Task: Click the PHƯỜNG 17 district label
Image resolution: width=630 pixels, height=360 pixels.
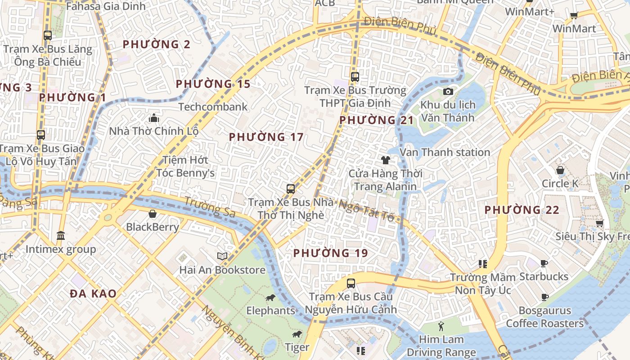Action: coord(266,137)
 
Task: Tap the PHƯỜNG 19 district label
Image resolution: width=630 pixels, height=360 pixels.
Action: coord(331,253)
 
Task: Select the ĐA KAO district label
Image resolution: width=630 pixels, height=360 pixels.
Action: coord(93,294)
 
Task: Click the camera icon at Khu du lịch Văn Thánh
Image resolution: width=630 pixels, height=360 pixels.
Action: coord(448,92)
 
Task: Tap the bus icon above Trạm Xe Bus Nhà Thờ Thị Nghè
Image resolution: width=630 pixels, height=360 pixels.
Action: coord(291,189)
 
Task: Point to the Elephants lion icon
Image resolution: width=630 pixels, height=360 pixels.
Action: coord(270,298)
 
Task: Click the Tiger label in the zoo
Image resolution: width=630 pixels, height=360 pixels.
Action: coord(297,347)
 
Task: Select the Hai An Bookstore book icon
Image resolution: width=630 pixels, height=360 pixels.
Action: coord(222,256)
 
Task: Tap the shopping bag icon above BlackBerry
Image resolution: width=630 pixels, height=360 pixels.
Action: coord(153,214)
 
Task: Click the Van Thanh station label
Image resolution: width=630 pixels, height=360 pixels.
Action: coord(445,152)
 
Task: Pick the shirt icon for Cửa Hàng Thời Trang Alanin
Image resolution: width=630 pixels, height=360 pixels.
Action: coord(385,160)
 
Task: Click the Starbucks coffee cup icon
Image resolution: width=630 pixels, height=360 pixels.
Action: coord(544,263)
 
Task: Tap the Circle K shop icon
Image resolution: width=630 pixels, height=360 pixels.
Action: coord(560,170)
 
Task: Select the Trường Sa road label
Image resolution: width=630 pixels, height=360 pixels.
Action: coord(210,208)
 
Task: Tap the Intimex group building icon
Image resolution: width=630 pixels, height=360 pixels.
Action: coord(61,235)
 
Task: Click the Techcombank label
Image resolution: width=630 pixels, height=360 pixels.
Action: coord(213,107)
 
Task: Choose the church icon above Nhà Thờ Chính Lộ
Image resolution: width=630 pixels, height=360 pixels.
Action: coord(154,118)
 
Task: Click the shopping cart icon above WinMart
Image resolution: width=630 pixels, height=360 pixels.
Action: coord(574,16)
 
